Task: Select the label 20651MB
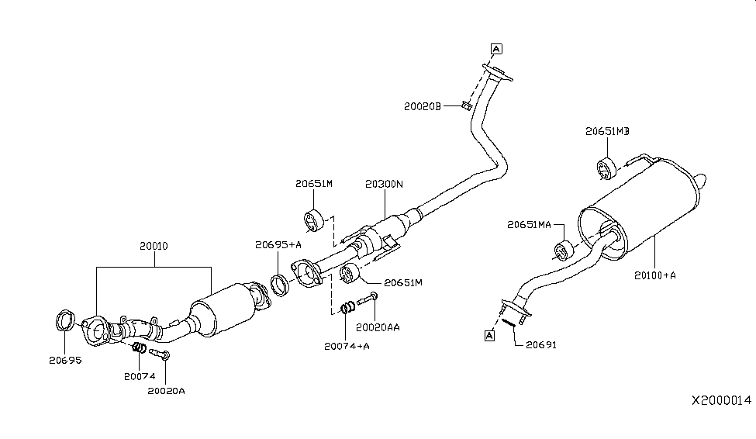606,132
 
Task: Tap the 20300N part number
385,185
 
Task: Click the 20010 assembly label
154,246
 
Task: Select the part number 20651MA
529,225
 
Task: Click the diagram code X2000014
721,400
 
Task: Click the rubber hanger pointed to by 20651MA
563,250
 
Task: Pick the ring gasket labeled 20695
67,319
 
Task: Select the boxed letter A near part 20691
489,335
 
